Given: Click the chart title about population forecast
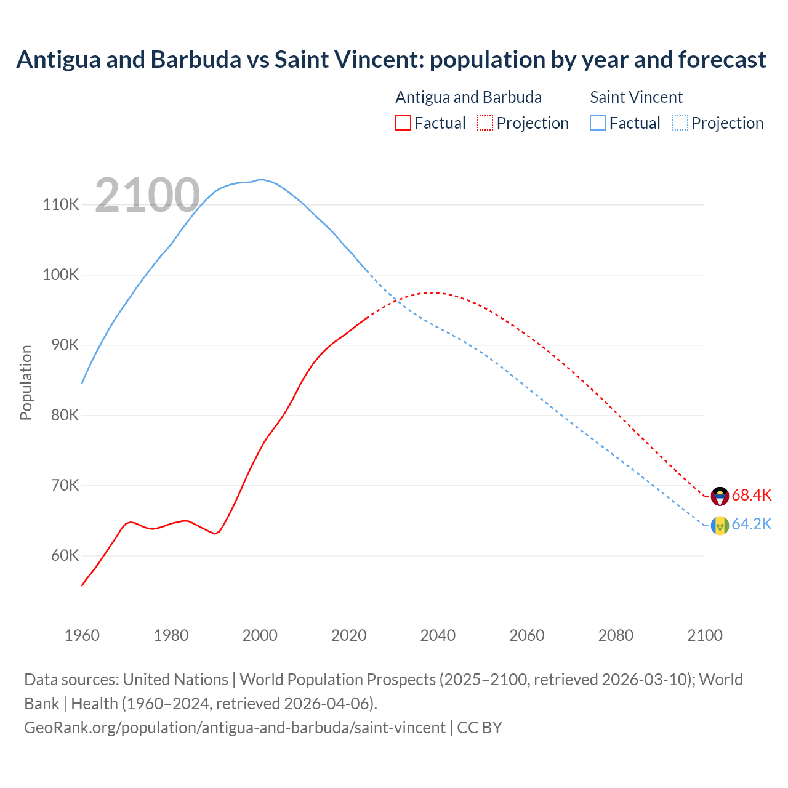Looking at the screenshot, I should point(391,60).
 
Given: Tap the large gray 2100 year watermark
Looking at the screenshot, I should point(148,195).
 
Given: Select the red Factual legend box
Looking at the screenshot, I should point(403,123).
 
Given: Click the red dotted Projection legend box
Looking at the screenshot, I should point(485,123).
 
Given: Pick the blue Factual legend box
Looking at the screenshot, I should point(598,123).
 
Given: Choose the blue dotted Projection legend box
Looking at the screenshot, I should point(680,123).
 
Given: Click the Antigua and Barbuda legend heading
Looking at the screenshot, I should point(468,97).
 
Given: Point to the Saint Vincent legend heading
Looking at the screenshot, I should point(636,97).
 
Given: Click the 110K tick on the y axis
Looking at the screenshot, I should point(61,204).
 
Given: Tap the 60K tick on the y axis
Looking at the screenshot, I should point(65,555).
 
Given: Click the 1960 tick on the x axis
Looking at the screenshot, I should point(82,635).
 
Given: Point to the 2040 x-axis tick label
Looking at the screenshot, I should point(438,635).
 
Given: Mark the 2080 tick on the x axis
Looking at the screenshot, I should point(616,635).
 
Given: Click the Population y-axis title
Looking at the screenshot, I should point(26,382).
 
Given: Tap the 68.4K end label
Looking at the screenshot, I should point(751,495).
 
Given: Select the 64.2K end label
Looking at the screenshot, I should point(751,524).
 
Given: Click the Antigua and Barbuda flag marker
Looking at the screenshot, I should point(720,496).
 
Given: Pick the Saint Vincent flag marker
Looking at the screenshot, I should point(720,525).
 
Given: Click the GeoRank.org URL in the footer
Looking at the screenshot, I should point(235,727).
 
